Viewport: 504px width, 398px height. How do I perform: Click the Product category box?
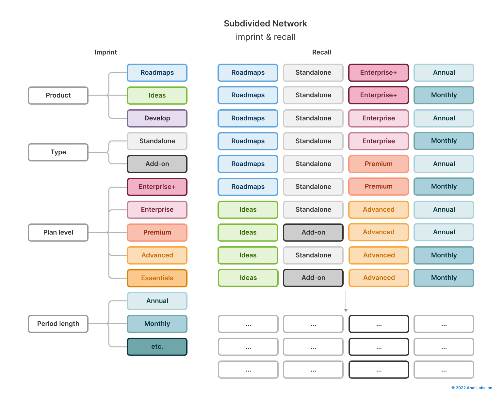click(x=58, y=96)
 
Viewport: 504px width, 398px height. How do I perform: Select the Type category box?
click(x=58, y=152)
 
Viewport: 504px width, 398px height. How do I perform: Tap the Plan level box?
click(x=58, y=233)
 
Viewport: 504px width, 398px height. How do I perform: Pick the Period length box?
click(x=58, y=324)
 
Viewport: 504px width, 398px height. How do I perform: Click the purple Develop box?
click(x=157, y=118)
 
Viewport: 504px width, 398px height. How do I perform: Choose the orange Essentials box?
click(x=157, y=278)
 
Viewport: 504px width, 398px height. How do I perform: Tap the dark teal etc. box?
click(x=157, y=347)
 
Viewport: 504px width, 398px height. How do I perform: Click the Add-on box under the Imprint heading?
click(x=157, y=164)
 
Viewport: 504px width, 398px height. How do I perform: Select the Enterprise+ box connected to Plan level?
click(x=157, y=187)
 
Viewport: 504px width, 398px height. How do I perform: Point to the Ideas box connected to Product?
click(x=157, y=96)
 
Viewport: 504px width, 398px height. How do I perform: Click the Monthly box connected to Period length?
click(x=157, y=324)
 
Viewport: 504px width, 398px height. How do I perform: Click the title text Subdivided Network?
click(x=265, y=23)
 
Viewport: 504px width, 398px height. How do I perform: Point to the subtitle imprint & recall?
click(x=265, y=37)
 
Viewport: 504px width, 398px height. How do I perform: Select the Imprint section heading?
click(x=106, y=52)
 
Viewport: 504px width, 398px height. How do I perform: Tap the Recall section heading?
click(x=321, y=52)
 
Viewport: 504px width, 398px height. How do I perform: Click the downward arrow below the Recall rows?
click(x=346, y=302)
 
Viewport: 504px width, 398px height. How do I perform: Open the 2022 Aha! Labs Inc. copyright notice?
click(x=472, y=388)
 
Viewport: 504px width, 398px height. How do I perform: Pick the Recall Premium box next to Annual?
click(x=379, y=164)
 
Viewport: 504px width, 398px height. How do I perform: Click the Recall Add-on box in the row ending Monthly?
click(x=313, y=278)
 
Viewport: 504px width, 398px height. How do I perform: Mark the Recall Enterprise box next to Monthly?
click(x=379, y=141)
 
